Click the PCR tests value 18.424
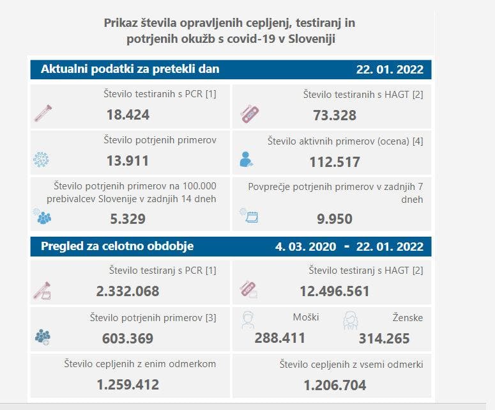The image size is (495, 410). pos(128,115)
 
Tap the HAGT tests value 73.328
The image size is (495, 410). pos(335,115)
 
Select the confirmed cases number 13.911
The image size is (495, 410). pos(128,161)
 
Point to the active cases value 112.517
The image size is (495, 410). pos(335,162)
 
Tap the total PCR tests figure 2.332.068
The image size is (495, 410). pos(128,292)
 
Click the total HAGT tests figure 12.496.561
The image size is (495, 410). pos(335,292)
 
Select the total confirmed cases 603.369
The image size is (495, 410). pos(128,338)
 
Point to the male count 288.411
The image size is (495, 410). pos(280,338)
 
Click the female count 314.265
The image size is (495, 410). pos(384,338)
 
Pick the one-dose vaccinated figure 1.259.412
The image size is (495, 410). pos(128,385)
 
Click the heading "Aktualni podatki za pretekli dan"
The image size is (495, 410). pos(130,69)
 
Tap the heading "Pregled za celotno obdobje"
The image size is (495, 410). pos(118,246)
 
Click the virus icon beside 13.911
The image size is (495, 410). pos(42,159)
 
